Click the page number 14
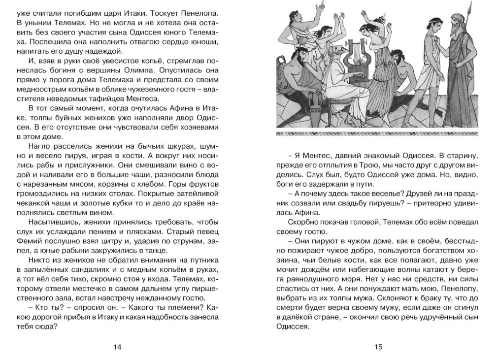[117, 347]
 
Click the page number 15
[378, 347]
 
